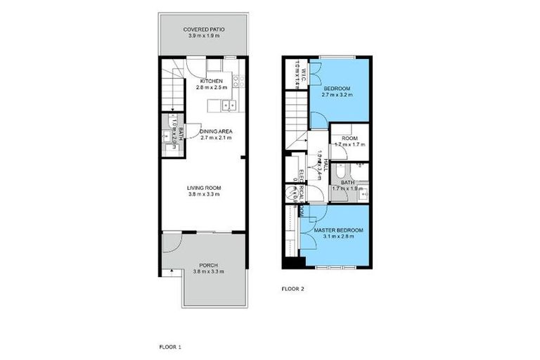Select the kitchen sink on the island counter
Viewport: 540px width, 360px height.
pos(229,106)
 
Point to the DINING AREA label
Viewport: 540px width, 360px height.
pos(216,131)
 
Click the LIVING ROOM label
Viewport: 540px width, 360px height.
pos(204,188)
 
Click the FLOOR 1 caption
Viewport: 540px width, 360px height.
pos(170,347)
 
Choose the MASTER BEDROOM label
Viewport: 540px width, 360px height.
pos(338,230)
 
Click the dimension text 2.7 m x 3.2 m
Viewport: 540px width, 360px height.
pos(337,94)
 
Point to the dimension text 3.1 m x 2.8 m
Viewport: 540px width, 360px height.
pos(338,236)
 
